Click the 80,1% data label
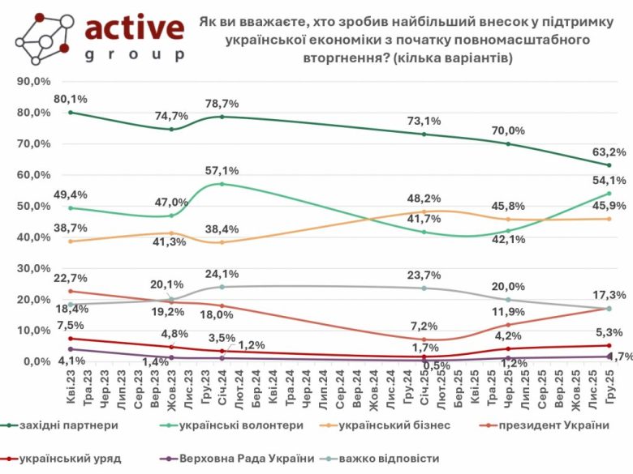(x=70, y=100)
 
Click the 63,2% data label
(x=610, y=151)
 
